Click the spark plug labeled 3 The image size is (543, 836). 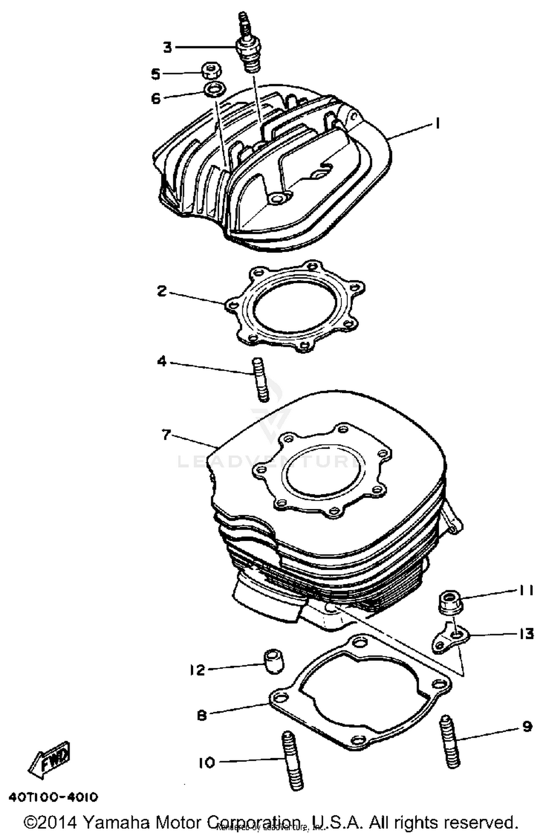pyautogui.click(x=247, y=51)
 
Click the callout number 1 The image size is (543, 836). pyautogui.click(x=437, y=124)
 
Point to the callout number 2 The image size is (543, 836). pyautogui.click(x=162, y=291)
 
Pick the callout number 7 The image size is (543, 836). pyautogui.click(x=166, y=434)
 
